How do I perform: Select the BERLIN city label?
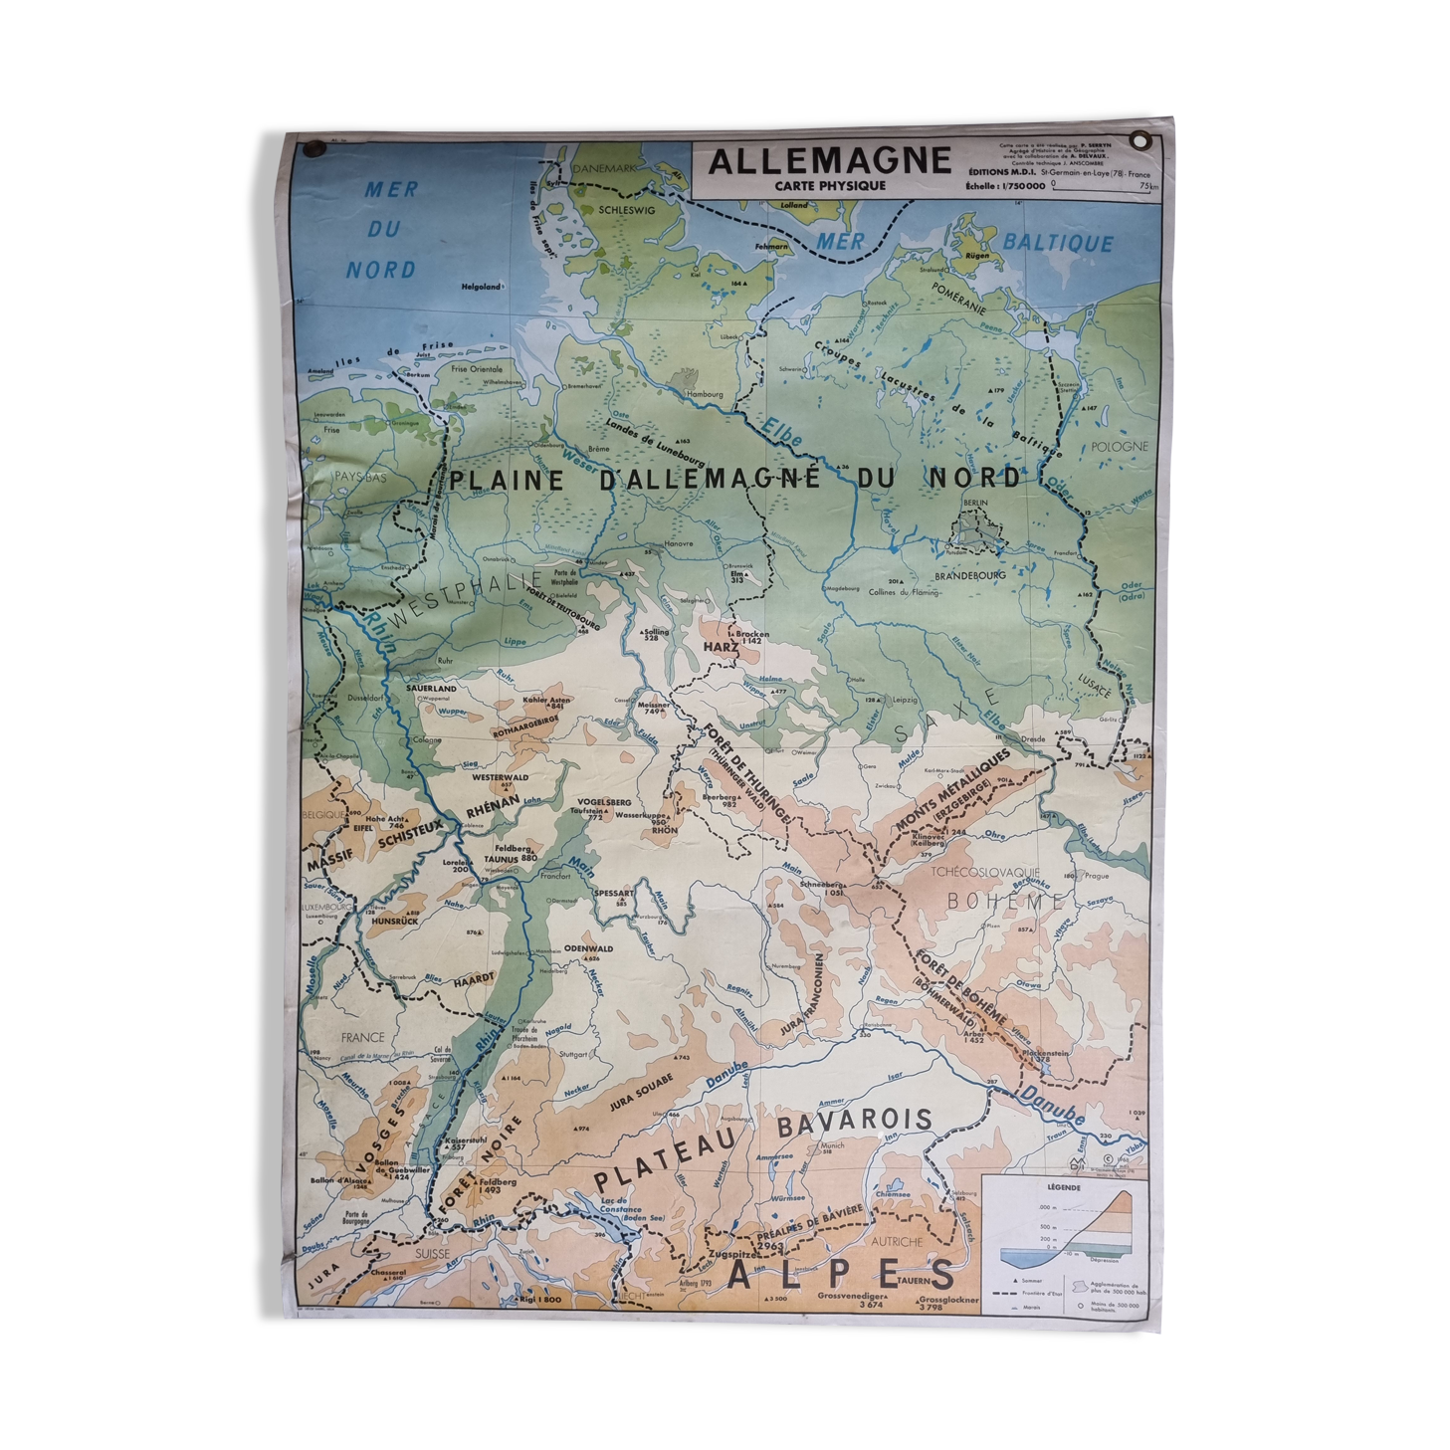[x=974, y=504]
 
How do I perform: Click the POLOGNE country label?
[x=1120, y=447]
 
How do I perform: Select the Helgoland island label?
[x=481, y=288]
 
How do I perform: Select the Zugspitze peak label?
[x=730, y=1256]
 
